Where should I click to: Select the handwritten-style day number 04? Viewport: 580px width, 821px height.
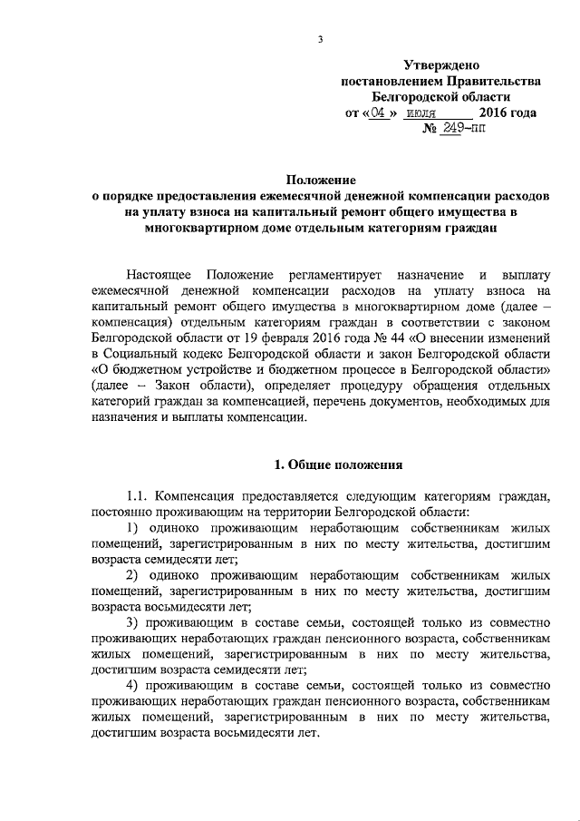coord(382,113)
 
